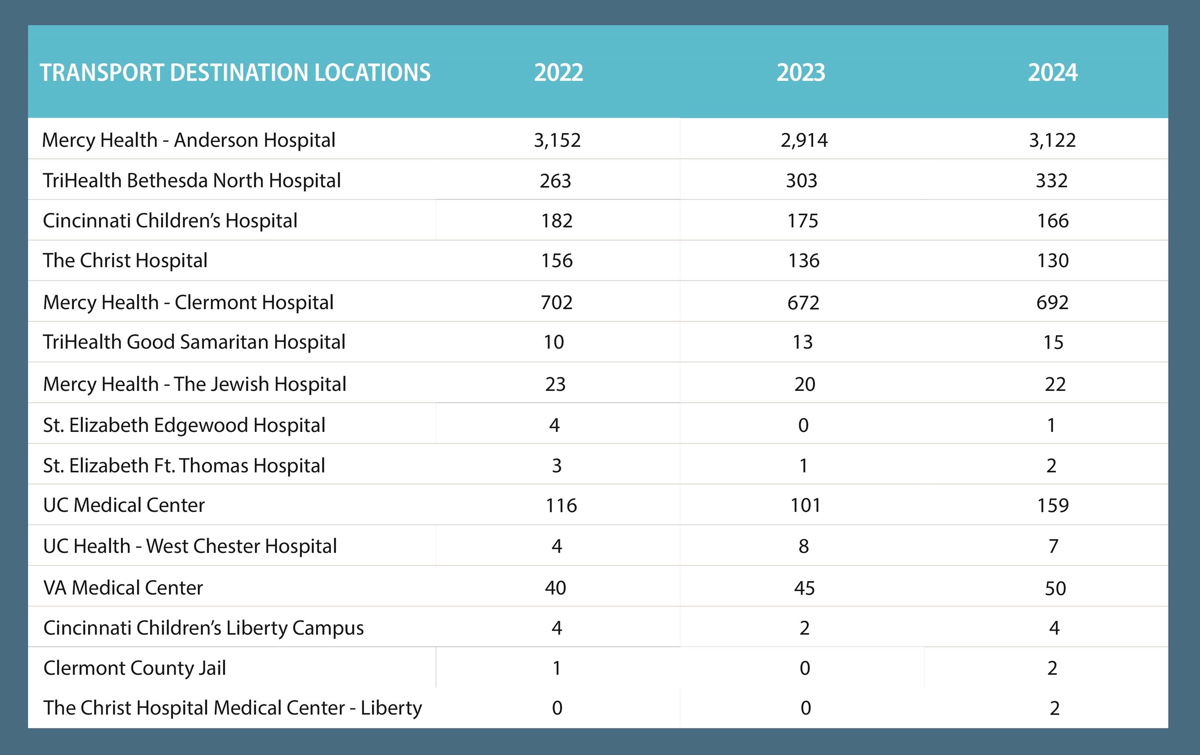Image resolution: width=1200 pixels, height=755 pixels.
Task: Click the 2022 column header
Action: (558, 73)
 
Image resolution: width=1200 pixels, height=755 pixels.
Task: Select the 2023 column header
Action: (801, 73)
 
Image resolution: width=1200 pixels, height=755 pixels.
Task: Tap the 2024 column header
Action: (1052, 73)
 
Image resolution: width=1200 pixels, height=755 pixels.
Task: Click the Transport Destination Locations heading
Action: (235, 73)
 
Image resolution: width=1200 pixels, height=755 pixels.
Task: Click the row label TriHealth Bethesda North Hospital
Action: (192, 180)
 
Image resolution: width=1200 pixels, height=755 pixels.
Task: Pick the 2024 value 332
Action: (1051, 180)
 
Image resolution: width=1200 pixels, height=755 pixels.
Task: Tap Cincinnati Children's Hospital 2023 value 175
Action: (802, 221)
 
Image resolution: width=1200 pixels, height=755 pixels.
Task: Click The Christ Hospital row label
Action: (125, 261)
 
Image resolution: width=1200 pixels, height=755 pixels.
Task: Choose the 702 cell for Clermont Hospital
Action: (557, 302)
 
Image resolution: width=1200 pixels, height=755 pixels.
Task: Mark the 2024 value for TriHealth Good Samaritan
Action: (1053, 342)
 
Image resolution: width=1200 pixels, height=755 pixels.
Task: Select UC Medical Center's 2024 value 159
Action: (1052, 505)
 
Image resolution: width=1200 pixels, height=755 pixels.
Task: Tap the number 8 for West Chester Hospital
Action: (804, 546)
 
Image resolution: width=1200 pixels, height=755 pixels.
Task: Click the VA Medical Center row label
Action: (123, 588)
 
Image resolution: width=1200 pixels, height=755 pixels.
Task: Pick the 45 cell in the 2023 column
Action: (804, 588)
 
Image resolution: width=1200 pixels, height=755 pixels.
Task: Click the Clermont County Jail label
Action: (135, 668)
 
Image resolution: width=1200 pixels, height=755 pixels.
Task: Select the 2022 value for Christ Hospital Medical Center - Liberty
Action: (557, 708)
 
